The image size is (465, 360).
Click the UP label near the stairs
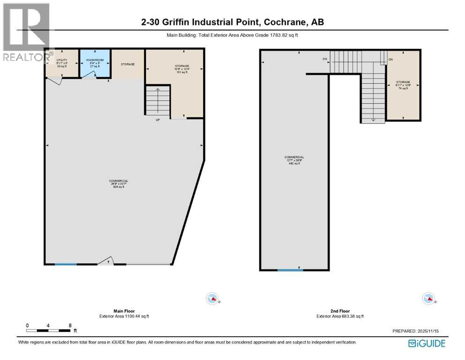[159, 120]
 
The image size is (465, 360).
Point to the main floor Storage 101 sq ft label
[182, 69]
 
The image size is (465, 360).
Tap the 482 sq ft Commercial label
[295, 160]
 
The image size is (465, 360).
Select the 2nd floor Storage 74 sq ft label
[403, 85]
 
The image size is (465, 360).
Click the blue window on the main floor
[66, 265]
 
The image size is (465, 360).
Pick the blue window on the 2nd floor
[290, 270]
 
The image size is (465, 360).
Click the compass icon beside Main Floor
[213, 298]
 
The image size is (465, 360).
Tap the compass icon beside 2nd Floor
[428, 298]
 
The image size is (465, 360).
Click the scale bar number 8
[69, 325]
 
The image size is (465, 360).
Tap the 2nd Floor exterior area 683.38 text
[340, 316]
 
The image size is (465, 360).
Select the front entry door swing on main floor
[107, 261]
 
